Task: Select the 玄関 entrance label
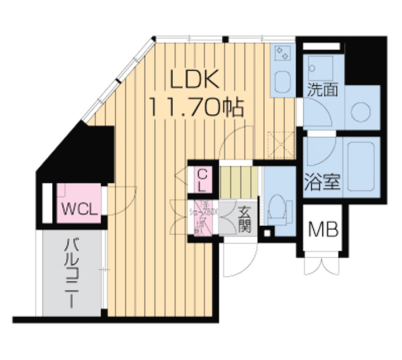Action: click(x=244, y=220)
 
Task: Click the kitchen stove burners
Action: click(x=282, y=54)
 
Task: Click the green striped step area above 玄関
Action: click(x=238, y=180)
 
